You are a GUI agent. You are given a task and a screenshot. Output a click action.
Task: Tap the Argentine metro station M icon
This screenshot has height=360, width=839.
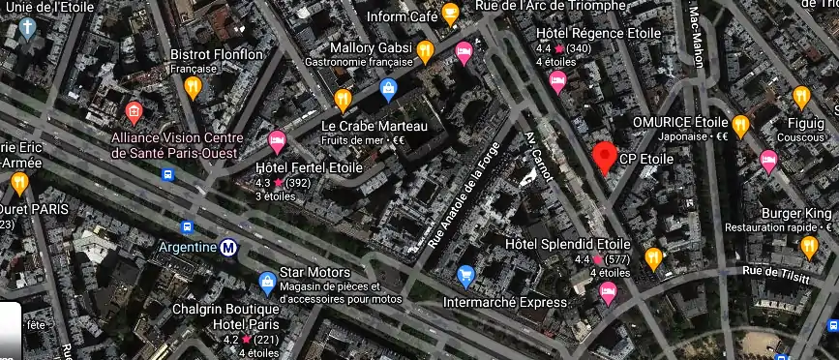click(229, 248)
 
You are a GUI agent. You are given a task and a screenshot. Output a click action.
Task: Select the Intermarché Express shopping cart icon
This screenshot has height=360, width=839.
click(465, 276)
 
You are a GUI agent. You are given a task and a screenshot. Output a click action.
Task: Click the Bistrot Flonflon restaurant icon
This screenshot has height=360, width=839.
click(193, 87)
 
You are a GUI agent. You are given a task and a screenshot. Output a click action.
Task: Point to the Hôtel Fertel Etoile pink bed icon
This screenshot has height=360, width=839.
click(278, 141)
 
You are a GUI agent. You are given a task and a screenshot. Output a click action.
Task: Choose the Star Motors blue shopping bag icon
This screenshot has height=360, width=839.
click(267, 283)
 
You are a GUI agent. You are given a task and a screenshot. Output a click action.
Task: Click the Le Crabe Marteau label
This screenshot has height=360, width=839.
click(374, 127)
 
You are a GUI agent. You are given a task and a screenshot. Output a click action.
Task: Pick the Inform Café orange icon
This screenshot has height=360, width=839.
click(450, 14)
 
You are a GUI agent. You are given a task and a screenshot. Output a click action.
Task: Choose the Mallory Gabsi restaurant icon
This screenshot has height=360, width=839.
click(424, 51)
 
